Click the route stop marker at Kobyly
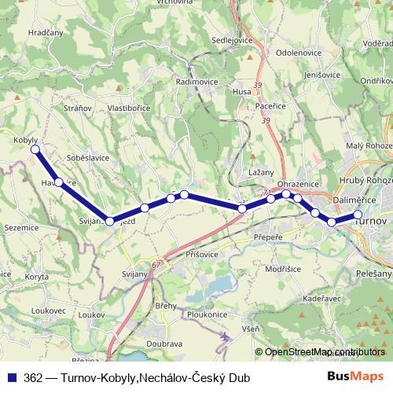point(34,149)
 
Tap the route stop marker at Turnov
point(358,215)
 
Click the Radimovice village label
point(196,82)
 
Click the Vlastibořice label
point(130,107)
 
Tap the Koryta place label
point(36,276)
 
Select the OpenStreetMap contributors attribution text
point(319,351)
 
